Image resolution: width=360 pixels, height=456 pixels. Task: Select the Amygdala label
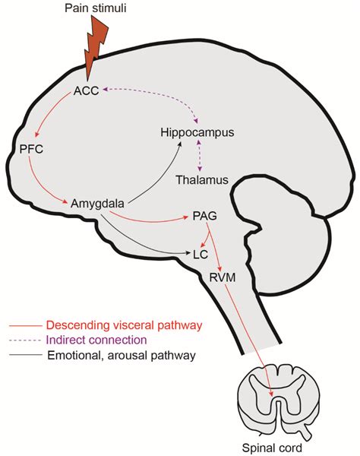coord(96,204)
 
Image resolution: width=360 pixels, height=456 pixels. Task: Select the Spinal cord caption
coord(274,448)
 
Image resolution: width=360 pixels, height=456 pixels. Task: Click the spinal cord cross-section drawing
coord(274,401)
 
